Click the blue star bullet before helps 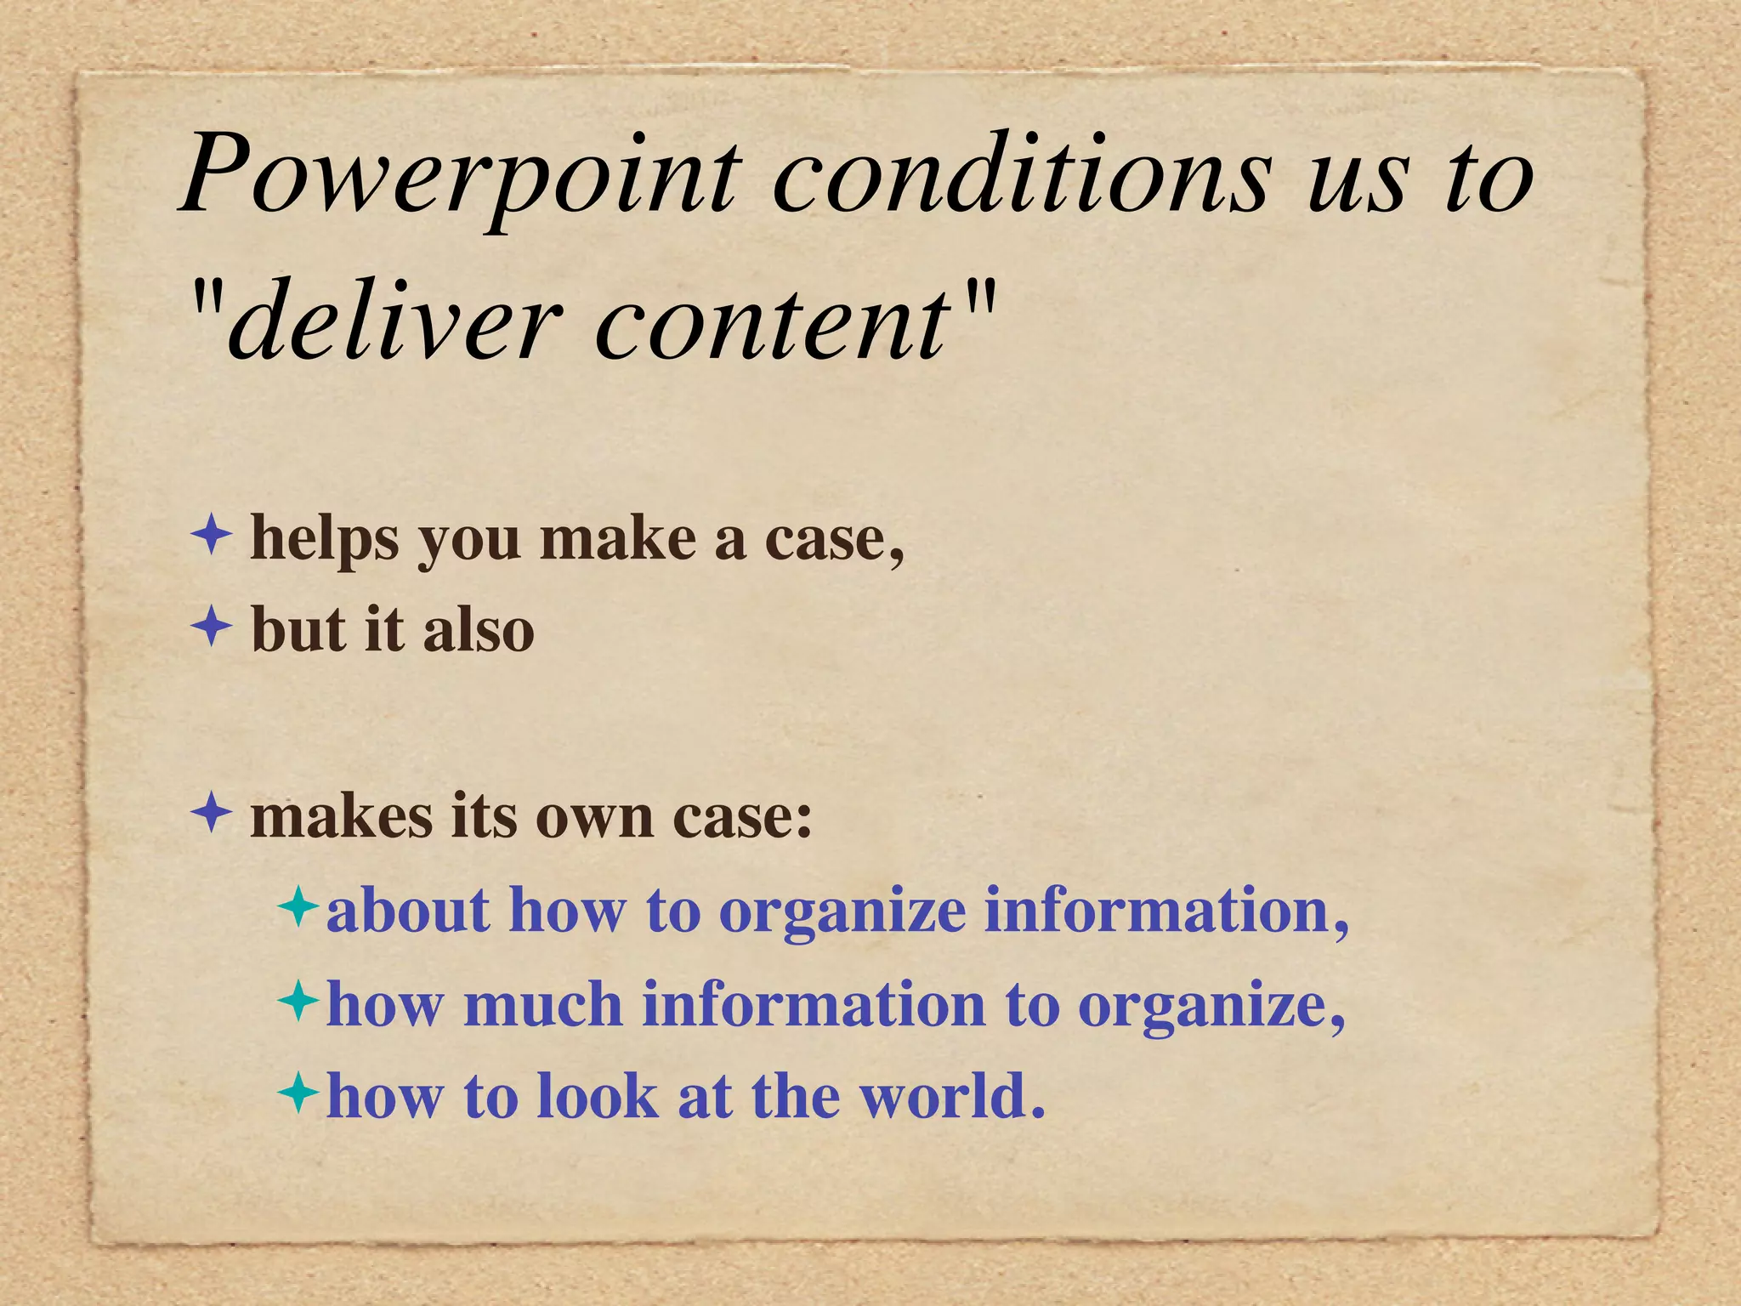click(211, 537)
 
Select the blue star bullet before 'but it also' click(211, 628)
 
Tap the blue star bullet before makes click(211, 814)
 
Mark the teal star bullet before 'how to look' click(298, 1092)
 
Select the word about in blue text click(408, 910)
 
